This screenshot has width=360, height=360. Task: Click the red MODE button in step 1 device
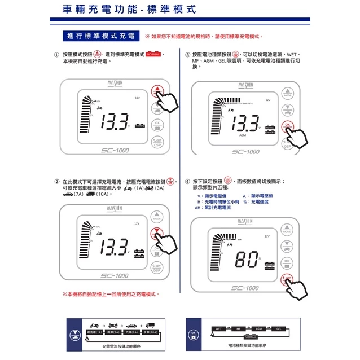(156, 91)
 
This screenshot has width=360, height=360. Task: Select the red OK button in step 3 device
(287, 126)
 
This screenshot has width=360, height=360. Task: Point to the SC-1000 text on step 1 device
(115, 151)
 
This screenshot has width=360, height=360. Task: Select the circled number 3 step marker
(187, 55)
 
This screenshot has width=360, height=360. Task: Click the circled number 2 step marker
(56, 182)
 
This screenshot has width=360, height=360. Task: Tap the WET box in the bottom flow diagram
(218, 328)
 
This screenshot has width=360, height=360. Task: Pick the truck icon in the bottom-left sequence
(150, 326)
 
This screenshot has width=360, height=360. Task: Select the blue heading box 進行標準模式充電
(100, 36)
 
